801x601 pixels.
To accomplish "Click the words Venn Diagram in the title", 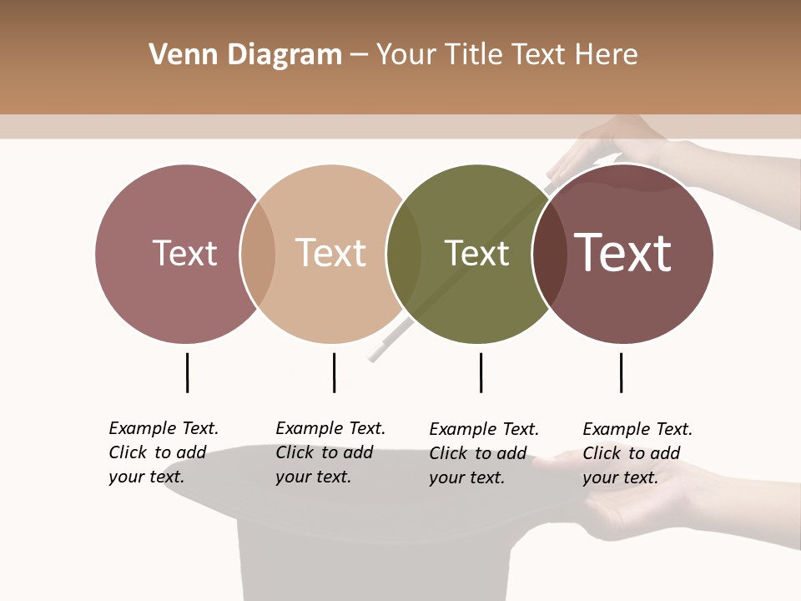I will click(245, 55).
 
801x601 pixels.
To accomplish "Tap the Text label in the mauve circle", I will click(184, 253).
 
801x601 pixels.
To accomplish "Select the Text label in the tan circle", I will click(330, 253).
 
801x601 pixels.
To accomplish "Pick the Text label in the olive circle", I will click(476, 253).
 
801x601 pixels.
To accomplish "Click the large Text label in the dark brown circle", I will click(622, 253).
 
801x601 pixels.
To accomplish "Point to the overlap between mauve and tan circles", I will click(258, 254).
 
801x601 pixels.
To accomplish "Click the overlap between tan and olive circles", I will click(404, 254).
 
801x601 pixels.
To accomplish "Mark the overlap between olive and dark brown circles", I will click(550, 254).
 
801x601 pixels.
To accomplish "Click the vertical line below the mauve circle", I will click(187, 372).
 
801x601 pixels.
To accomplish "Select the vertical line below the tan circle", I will click(334, 372).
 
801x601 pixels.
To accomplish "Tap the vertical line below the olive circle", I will click(481, 372).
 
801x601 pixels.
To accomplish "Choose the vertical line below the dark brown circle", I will click(621, 372).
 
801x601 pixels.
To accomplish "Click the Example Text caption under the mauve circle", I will click(164, 452).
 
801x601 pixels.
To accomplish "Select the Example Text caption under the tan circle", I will click(330, 452).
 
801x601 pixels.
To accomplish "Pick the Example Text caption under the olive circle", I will click(484, 453).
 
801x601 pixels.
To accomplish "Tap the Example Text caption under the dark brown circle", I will click(637, 453).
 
